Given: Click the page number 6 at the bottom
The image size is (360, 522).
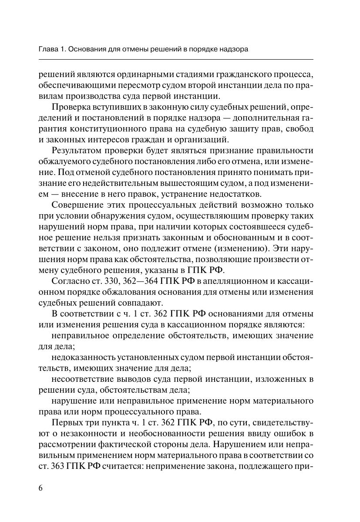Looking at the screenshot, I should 40,487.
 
